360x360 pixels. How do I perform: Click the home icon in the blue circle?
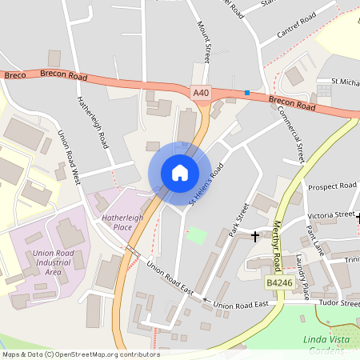click(179, 172)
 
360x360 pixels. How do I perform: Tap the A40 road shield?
click(201, 94)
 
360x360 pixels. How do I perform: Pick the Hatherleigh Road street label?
click(93, 123)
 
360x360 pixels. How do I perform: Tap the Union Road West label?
click(69, 156)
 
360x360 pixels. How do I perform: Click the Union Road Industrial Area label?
click(58, 262)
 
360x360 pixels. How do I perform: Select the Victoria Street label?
click(331, 214)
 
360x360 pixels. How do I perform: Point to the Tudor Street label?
click(340, 304)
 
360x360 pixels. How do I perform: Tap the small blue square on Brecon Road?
click(247, 94)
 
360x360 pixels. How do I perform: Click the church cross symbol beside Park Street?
click(255, 236)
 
